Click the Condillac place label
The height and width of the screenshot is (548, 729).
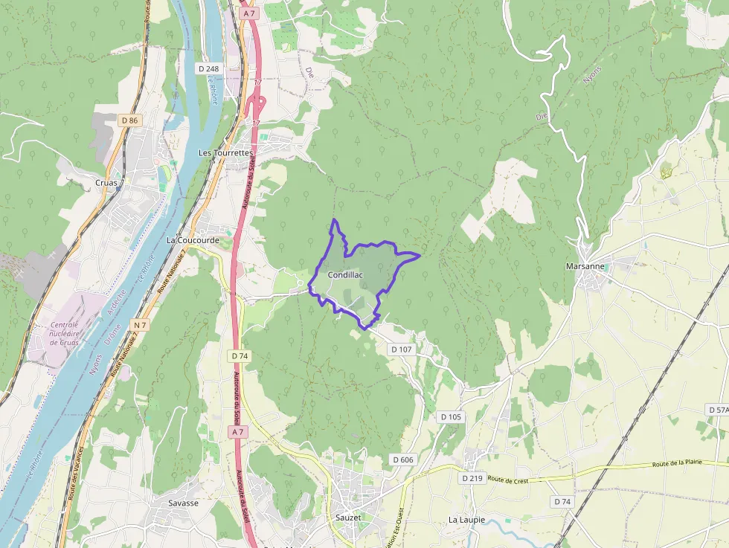(x=344, y=275)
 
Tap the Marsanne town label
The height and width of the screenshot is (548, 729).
(x=585, y=266)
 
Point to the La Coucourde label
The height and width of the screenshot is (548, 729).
(x=192, y=241)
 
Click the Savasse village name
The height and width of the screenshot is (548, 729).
(x=183, y=503)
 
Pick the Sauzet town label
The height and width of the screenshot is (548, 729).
(x=348, y=517)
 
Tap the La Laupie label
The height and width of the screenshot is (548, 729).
(x=466, y=520)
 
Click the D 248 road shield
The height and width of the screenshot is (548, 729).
(x=209, y=68)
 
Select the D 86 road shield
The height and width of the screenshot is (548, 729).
(x=129, y=120)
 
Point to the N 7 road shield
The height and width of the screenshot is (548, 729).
(x=140, y=325)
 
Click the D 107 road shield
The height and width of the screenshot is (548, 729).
(x=401, y=349)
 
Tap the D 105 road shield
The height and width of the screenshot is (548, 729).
(x=451, y=416)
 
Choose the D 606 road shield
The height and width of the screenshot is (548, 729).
(x=402, y=460)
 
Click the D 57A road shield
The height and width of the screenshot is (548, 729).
(x=717, y=410)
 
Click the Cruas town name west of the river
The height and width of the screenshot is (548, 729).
(x=108, y=182)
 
